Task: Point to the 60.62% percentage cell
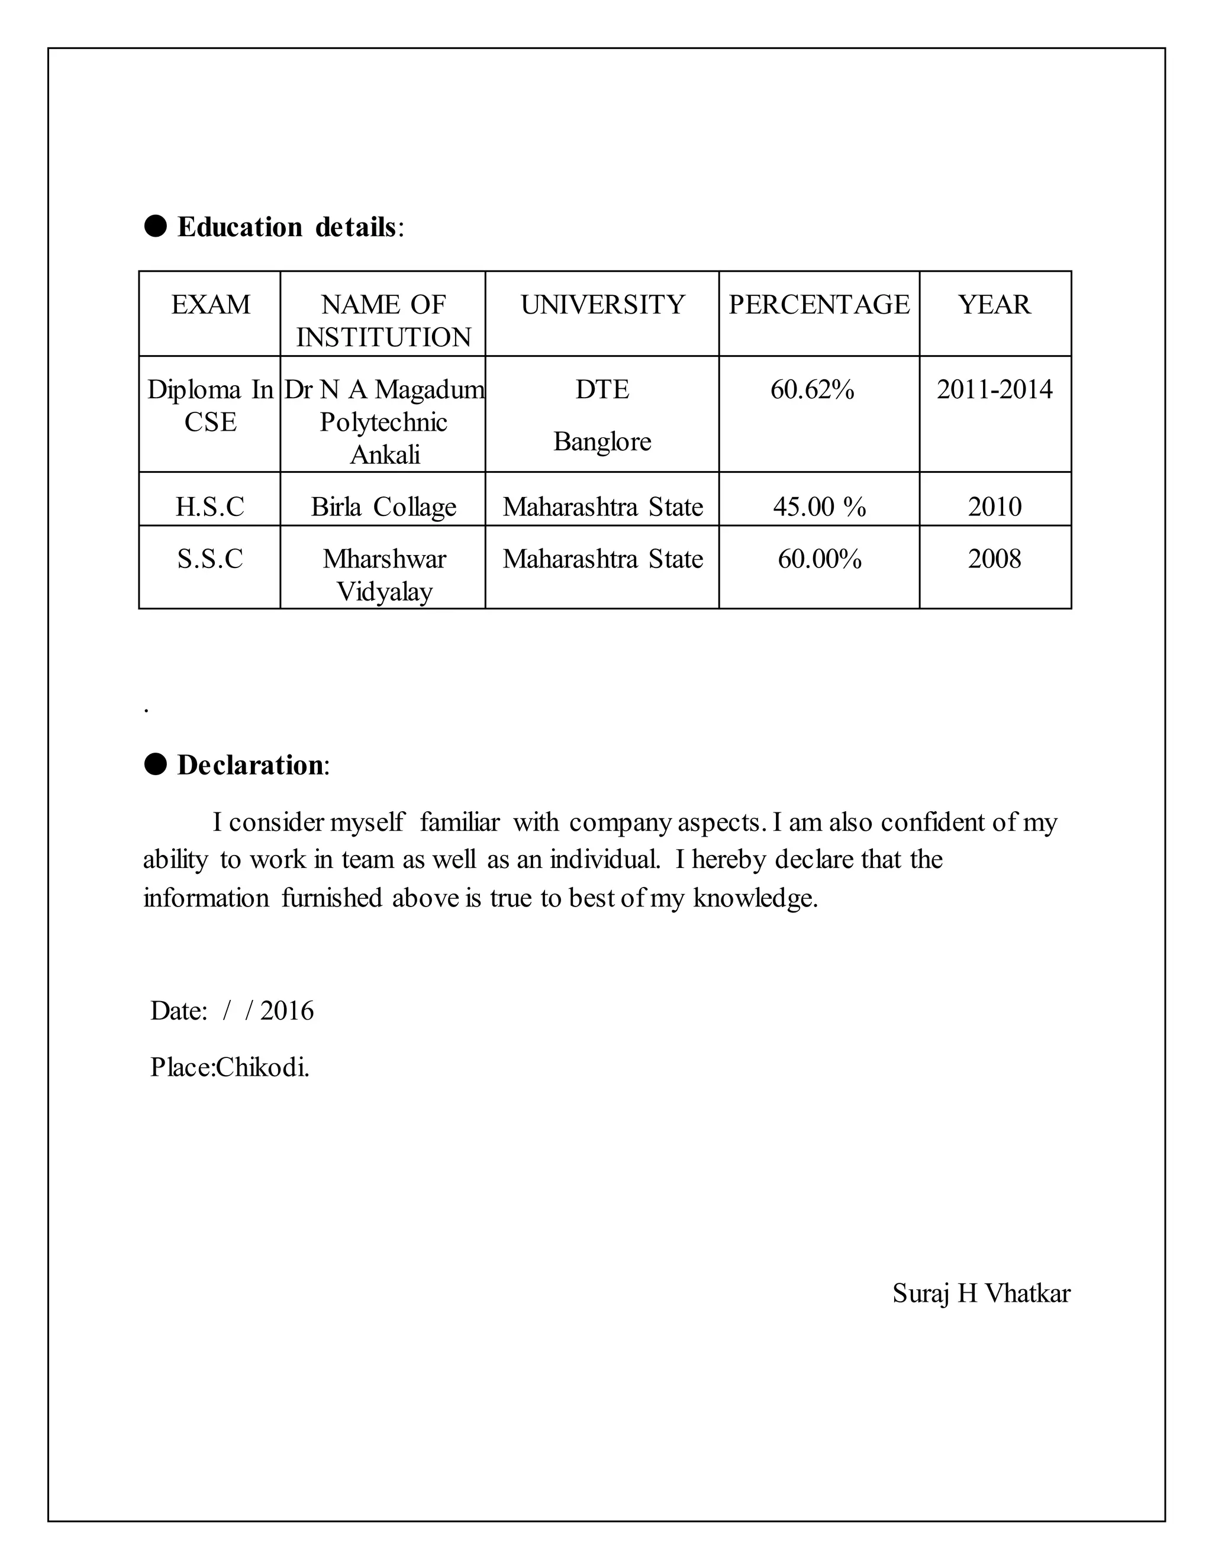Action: [812, 390]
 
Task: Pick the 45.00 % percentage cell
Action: [819, 507]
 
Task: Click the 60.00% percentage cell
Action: [819, 559]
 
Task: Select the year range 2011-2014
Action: [994, 390]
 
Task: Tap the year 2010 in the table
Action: [994, 507]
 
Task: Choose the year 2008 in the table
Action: [994, 559]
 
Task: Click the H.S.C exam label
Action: [209, 507]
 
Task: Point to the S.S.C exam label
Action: [209, 559]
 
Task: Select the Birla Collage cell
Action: [383, 507]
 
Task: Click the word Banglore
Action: [602, 441]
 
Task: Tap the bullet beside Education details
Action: [156, 226]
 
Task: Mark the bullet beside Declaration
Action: [156, 764]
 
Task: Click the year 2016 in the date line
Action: [286, 1011]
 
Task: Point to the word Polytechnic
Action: [383, 422]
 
